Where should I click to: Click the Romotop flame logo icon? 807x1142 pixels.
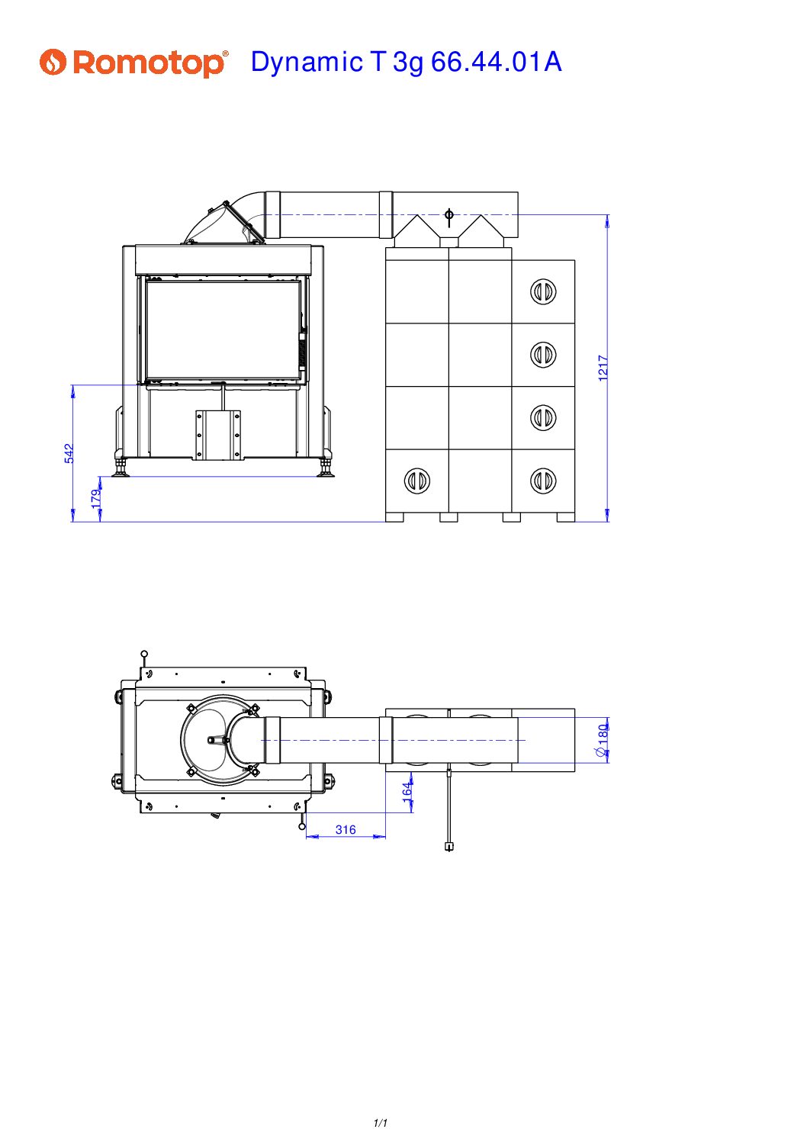click(53, 63)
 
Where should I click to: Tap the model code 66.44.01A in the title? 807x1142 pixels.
click(496, 62)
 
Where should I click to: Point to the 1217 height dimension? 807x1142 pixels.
click(603, 368)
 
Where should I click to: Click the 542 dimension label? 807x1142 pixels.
click(69, 453)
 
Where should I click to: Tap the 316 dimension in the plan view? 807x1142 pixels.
click(345, 829)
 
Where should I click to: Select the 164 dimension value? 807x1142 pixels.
click(407, 793)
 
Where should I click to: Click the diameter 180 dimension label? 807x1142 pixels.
click(602, 740)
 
